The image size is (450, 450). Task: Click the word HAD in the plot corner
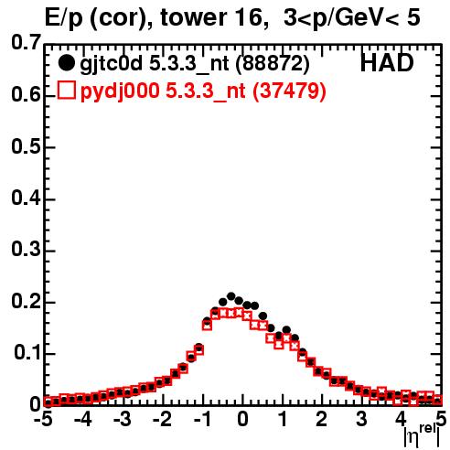tap(387, 63)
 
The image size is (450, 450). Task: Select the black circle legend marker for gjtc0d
tap(66, 63)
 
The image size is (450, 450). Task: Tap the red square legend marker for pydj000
tap(67, 90)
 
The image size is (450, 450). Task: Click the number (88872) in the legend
tap(273, 63)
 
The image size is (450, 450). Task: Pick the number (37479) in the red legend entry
tap(290, 91)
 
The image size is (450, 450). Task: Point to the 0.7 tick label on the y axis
tap(26, 42)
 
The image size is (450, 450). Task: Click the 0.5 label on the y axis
tap(26, 146)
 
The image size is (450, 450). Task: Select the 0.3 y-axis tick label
tap(26, 249)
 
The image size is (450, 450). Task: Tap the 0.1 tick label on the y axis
tap(27, 352)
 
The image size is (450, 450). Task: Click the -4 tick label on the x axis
tap(82, 419)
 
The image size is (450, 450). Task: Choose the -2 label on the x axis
tap(162, 419)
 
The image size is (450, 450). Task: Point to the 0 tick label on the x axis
tap(242, 419)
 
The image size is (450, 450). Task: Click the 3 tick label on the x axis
tap(361, 419)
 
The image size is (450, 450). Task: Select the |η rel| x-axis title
tap(422, 435)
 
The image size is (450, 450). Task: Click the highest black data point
tap(230, 296)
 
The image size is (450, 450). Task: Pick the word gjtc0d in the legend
tap(112, 64)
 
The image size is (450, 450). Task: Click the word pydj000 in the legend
tap(120, 91)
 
